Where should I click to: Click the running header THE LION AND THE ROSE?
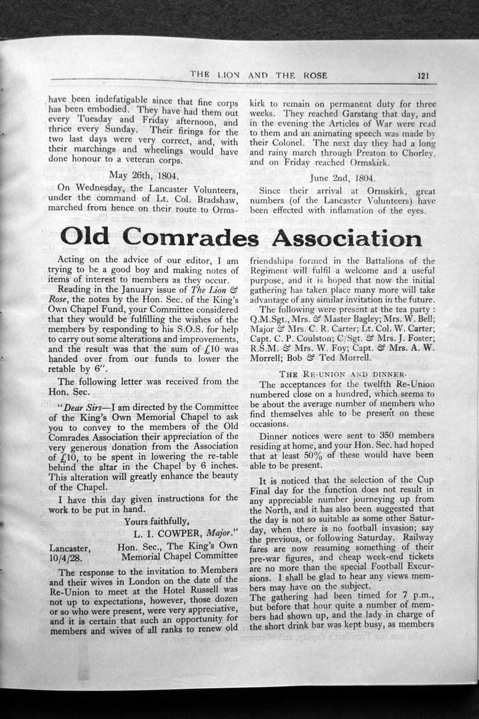click(x=258, y=75)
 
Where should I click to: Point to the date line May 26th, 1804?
click(x=143, y=177)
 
